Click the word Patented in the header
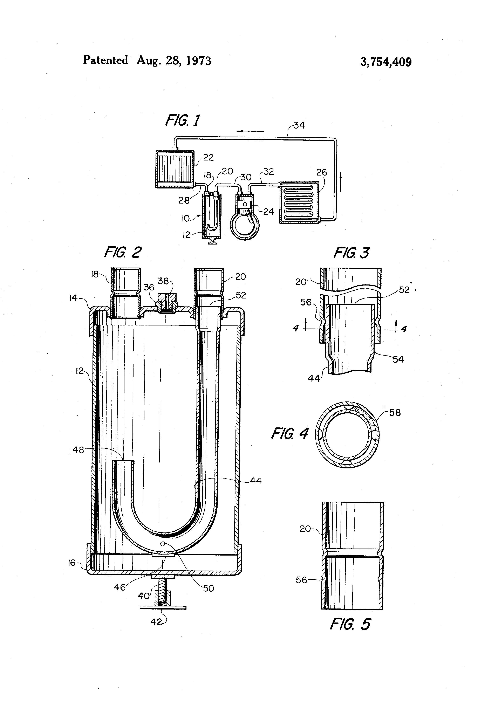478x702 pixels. coord(105,60)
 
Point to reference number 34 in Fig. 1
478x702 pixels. coord(299,125)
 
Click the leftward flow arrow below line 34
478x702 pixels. coord(250,131)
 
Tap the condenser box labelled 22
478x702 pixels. coord(174,168)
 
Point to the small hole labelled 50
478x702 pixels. coord(162,543)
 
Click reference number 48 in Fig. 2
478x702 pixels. coord(78,450)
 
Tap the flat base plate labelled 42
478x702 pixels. coord(163,607)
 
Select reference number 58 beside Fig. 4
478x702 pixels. coord(395,413)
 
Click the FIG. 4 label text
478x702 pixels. coord(289,434)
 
